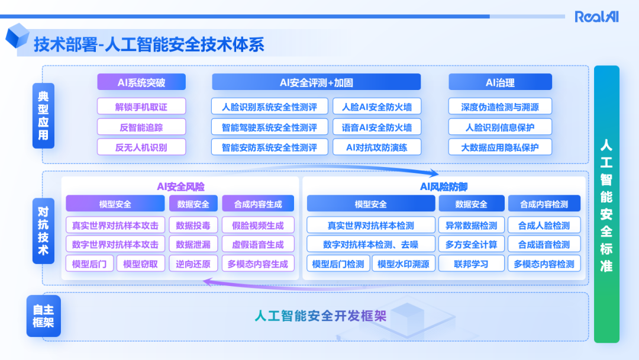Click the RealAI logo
pyautogui.click(x=596, y=17)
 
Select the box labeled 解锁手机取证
pyautogui.click(x=141, y=107)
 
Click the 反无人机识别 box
pyautogui.click(x=141, y=147)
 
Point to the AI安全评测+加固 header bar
pyautogui.click(x=316, y=82)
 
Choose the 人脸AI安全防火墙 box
pyautogui.click(x=377, y=107)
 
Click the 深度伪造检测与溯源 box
pyautogui.click(x=500, y=107)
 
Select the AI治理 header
pyautogui.click(x=500, y=82)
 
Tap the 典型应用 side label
pyautogui.click(x=44, y=115)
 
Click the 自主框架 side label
pyautogui.click(x=44, y=316)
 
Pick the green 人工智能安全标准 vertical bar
pyautogui.click(x=606, y=204)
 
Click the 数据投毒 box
pyautogui.click(x=193, y=225)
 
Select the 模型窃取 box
pyautogui.click(x=141, y=264)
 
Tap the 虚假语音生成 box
pyautogui.click(x=257, y=245)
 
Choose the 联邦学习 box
pyautogui.click(x=471, y=264)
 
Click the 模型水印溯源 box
pyautogui.click(x=403, y=264)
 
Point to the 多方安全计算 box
pyautogui.click(x=471, y=245)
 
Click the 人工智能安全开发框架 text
pyautogui.click(x=320, y=316)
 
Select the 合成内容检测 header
pyautogui.click(x=544, y=204)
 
